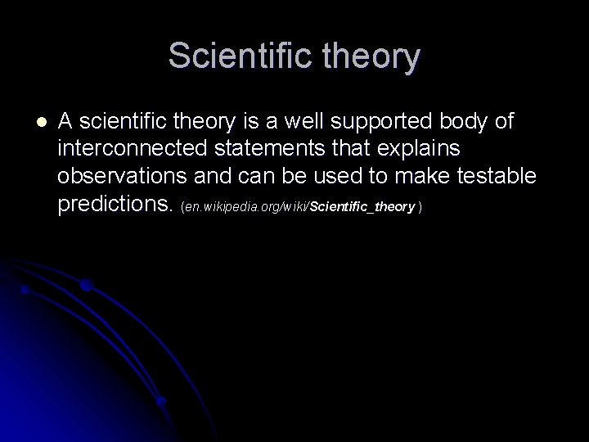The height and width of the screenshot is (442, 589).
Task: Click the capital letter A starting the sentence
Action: tap(66, 122)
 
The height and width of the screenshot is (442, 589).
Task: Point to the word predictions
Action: tap(115, 204)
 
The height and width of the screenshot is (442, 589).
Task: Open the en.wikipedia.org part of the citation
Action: tap(226, 208)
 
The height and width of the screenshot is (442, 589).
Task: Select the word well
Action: tap(315, 122)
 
